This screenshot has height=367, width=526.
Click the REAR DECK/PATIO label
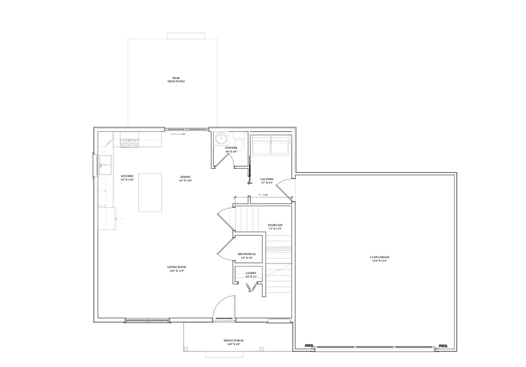click(x=176, y=80)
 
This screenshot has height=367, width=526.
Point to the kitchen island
click(x=150, y=192)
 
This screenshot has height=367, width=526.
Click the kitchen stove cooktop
click(x=130, y=142)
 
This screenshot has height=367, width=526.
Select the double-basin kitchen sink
click(x=105, y=165)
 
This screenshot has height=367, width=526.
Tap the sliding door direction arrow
click(x=178, y=134)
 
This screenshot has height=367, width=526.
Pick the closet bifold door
click(x=251, y=288)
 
